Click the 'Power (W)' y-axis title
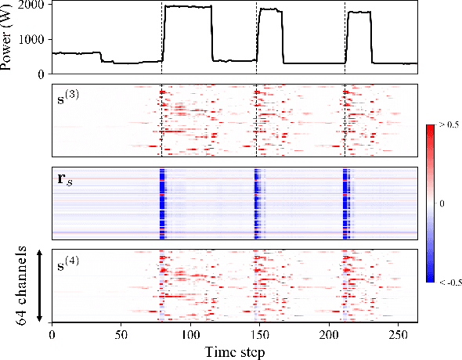tap(9, 38)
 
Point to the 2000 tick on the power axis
tap(34, 5)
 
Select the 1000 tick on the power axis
tap(34, 39)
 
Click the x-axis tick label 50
tap(121, 334)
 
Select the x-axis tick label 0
tap(52, 334)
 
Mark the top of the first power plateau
tap(188, 6)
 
